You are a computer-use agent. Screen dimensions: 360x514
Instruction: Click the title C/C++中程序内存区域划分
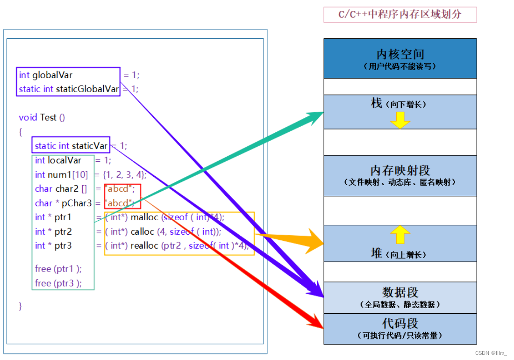(x=400, y=14)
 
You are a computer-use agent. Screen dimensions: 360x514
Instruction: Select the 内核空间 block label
(x=400, y=54)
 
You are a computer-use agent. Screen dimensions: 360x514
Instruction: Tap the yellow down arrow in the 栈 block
(x=400, y=121)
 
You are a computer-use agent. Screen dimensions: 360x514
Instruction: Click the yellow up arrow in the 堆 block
(x=400, y=235)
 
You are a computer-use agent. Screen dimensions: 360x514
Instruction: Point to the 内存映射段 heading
(x=400, y=170)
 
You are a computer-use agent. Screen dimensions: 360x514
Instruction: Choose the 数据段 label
(x=400, y=293)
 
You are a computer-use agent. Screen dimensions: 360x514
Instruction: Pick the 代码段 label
(x=400, y=324)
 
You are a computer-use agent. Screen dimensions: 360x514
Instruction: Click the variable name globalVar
(x=52, y=75)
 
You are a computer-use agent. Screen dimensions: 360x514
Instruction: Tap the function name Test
(x=48, y=117)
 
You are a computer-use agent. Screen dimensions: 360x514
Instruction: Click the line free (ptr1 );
(x=58, y=269)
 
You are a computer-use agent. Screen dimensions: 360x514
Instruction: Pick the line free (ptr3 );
(x=58, y=283)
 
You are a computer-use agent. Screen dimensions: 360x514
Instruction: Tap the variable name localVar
(x=64, y=160)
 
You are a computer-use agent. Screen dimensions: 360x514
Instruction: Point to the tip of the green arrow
(x=323, y=113)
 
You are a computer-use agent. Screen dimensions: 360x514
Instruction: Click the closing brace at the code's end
(x=21, y=306)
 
